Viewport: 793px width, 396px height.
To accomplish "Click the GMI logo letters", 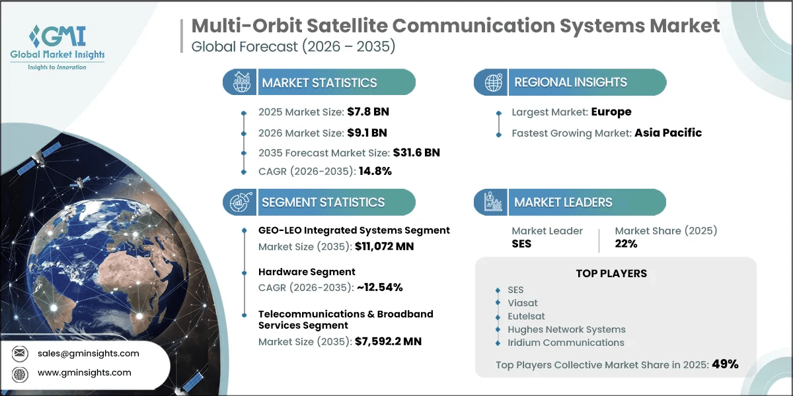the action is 58,36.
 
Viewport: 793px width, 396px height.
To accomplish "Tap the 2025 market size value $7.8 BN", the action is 368,112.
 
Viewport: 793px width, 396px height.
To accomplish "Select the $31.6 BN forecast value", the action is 416,152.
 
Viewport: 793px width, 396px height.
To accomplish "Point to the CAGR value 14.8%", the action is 375,171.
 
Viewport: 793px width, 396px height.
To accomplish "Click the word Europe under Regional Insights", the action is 611,112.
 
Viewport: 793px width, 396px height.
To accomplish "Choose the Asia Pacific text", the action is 668,133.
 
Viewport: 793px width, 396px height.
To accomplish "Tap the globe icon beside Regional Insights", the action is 493,82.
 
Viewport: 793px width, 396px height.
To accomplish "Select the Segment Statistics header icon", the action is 241,202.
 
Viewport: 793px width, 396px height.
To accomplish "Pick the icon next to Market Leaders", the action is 493,202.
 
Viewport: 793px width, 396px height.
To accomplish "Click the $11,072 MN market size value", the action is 384,246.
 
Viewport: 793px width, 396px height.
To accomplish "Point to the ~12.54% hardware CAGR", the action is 379,287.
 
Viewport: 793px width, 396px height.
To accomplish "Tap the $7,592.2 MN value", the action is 388,341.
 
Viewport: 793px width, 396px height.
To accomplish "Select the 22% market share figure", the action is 626,244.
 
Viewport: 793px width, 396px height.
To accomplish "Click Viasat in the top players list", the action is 522,303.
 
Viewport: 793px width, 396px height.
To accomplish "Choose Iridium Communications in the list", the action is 566,343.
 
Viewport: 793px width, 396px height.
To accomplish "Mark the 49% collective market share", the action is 725,364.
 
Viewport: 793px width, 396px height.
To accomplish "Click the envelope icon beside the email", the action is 19,353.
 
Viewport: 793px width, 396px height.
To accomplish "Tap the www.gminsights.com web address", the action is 85,373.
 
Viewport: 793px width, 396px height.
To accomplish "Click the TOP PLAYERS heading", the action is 611,273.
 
